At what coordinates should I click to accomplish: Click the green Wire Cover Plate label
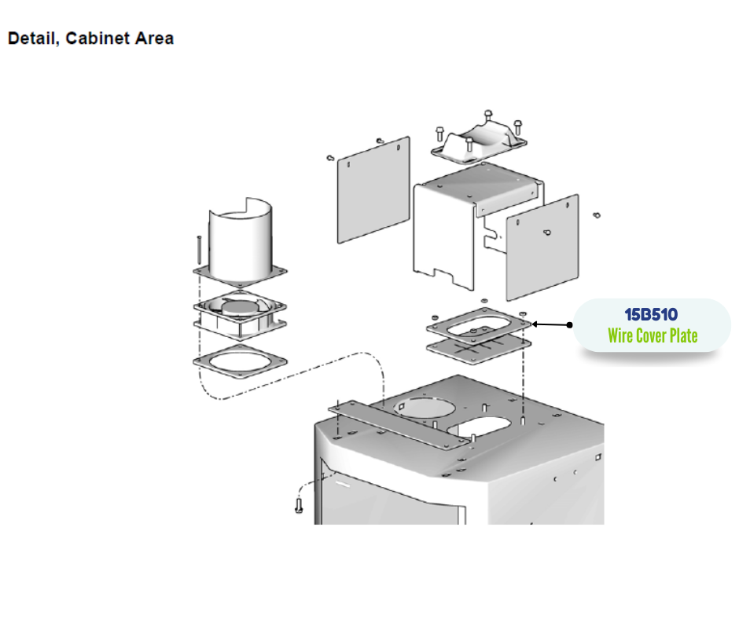pyautogui.click(x=653, y=336)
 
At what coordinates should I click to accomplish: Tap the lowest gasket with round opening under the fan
pyautogui.click(x=240, y=361)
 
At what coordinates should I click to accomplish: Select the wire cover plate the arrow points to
pyautogui.click(x=478, y=324)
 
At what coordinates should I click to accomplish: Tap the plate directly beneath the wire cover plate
pyautogui.click(x=478, y=346)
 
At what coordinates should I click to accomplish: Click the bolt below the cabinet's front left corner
pyautogui.click(x=299, y=504)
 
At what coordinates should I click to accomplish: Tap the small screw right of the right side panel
pyautogui.click(x=597, y=214)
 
